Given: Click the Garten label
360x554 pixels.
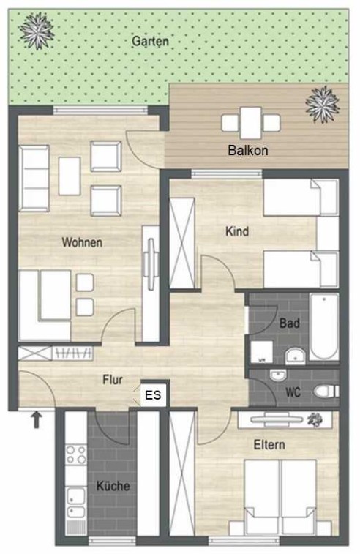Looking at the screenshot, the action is tap(150, 41).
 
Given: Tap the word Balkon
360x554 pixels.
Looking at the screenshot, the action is tap(248, 151).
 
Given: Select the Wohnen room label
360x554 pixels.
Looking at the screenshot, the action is tap(82, 242).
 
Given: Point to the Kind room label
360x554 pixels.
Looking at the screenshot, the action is tap(237, 232).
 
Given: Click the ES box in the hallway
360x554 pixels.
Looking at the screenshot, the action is tap(154, 394).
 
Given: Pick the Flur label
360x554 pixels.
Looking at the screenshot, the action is tap(113, 380).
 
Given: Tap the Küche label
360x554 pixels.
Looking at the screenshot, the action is tap(113, 486).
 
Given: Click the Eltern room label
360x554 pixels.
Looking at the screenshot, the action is tap(269, 445).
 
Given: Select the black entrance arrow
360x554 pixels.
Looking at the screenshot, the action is tap(37, 421).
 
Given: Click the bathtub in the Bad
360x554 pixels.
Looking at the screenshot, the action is tap(324, 327).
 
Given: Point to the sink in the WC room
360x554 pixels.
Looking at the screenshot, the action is tap(278, 375).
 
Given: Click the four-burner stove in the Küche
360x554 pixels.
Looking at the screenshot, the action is tap(76, 454).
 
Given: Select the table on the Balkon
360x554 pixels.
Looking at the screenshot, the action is tap(251, 123).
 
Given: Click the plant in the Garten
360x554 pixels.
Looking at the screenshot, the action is tap(37, 31).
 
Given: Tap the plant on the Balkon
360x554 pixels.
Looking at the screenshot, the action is tap(322, 104).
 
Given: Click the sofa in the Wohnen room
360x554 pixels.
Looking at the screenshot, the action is tap(34, 179).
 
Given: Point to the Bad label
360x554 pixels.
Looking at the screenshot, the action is tap(290, 323).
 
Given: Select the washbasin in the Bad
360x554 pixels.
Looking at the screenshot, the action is tap(295, 356).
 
